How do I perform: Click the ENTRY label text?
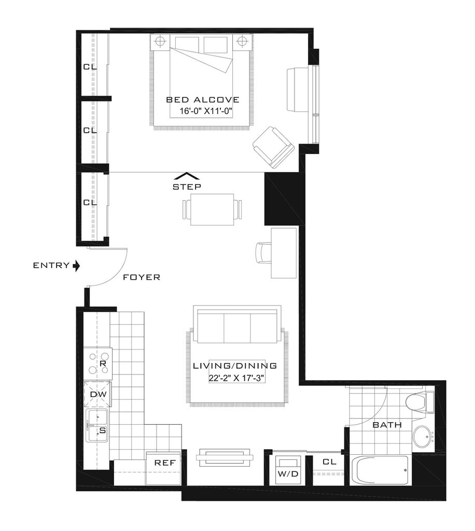tap(51, 265)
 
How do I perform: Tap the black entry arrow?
tap(77, 266)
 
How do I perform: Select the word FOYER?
tap(141, 277)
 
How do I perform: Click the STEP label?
tap(187, 186)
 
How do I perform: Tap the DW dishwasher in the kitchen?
tap(98, 394)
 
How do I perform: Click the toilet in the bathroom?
tap(420, 403)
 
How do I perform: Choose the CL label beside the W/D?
tap(329, 462)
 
